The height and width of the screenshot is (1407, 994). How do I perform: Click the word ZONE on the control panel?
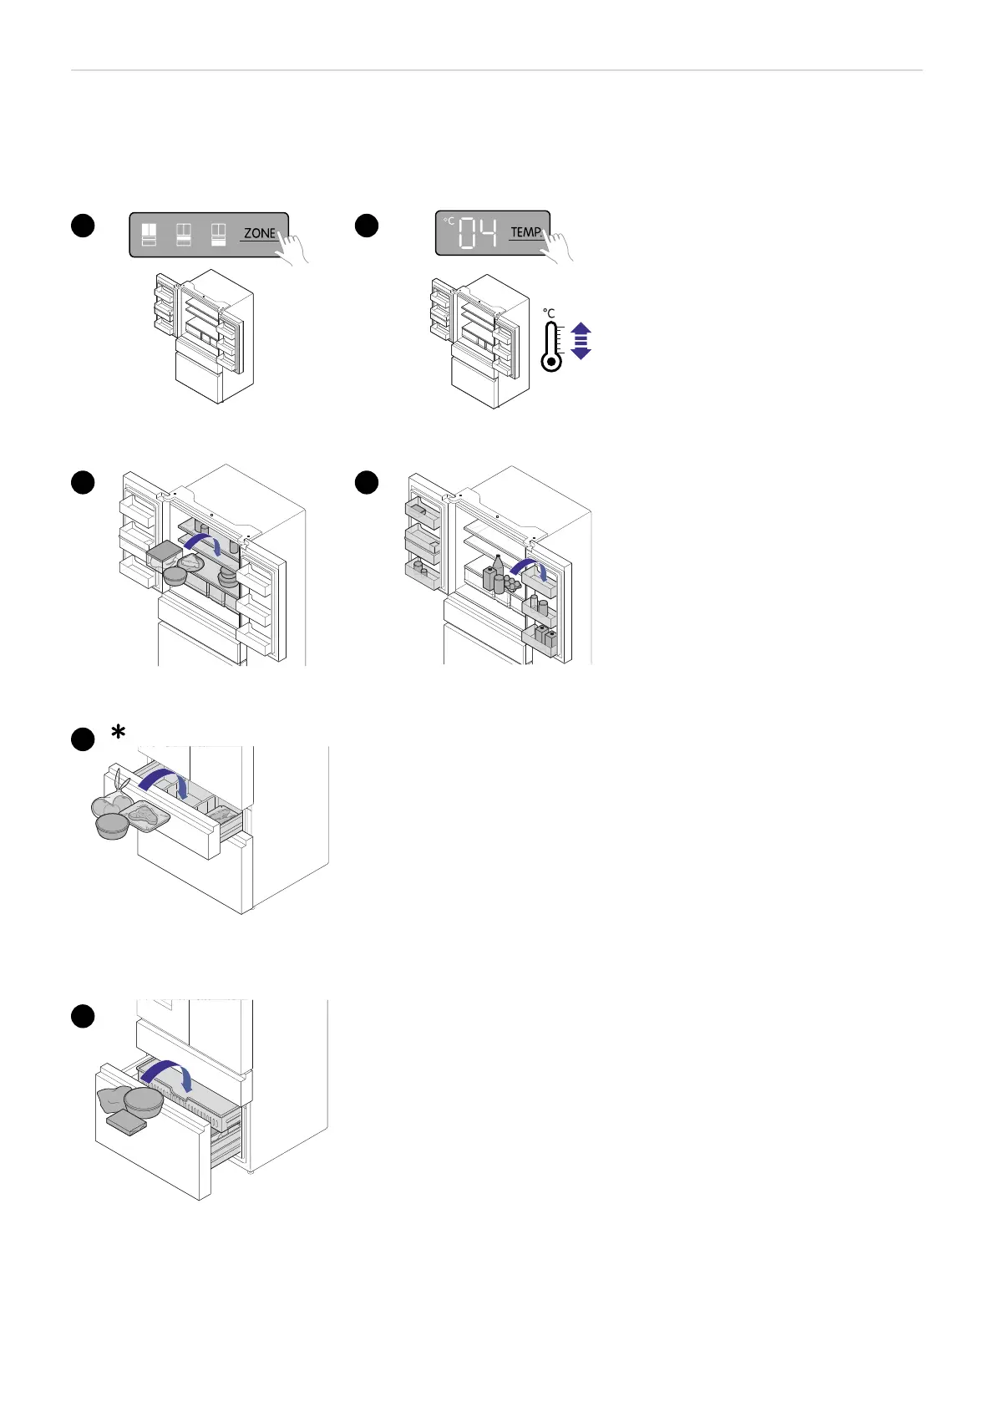tap(259, 233)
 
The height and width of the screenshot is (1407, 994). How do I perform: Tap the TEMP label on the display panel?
tap(525, 232)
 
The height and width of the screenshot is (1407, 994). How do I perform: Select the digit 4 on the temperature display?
tap(489, 234)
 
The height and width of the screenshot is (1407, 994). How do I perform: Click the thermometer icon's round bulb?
tap(551, 363)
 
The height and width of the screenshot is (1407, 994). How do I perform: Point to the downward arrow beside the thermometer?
tap(581, 352)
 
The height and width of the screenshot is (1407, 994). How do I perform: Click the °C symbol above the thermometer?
tap(549, 313)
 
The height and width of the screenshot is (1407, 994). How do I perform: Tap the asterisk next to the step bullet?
tap(119, 732)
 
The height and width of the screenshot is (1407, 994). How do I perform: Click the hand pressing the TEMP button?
tap(556, 246)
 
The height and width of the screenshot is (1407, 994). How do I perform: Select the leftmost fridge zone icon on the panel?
tap(150, 234)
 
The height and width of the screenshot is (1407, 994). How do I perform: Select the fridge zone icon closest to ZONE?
tap(219, 234)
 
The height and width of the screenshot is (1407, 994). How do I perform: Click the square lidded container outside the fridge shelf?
tap(162, 553)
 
